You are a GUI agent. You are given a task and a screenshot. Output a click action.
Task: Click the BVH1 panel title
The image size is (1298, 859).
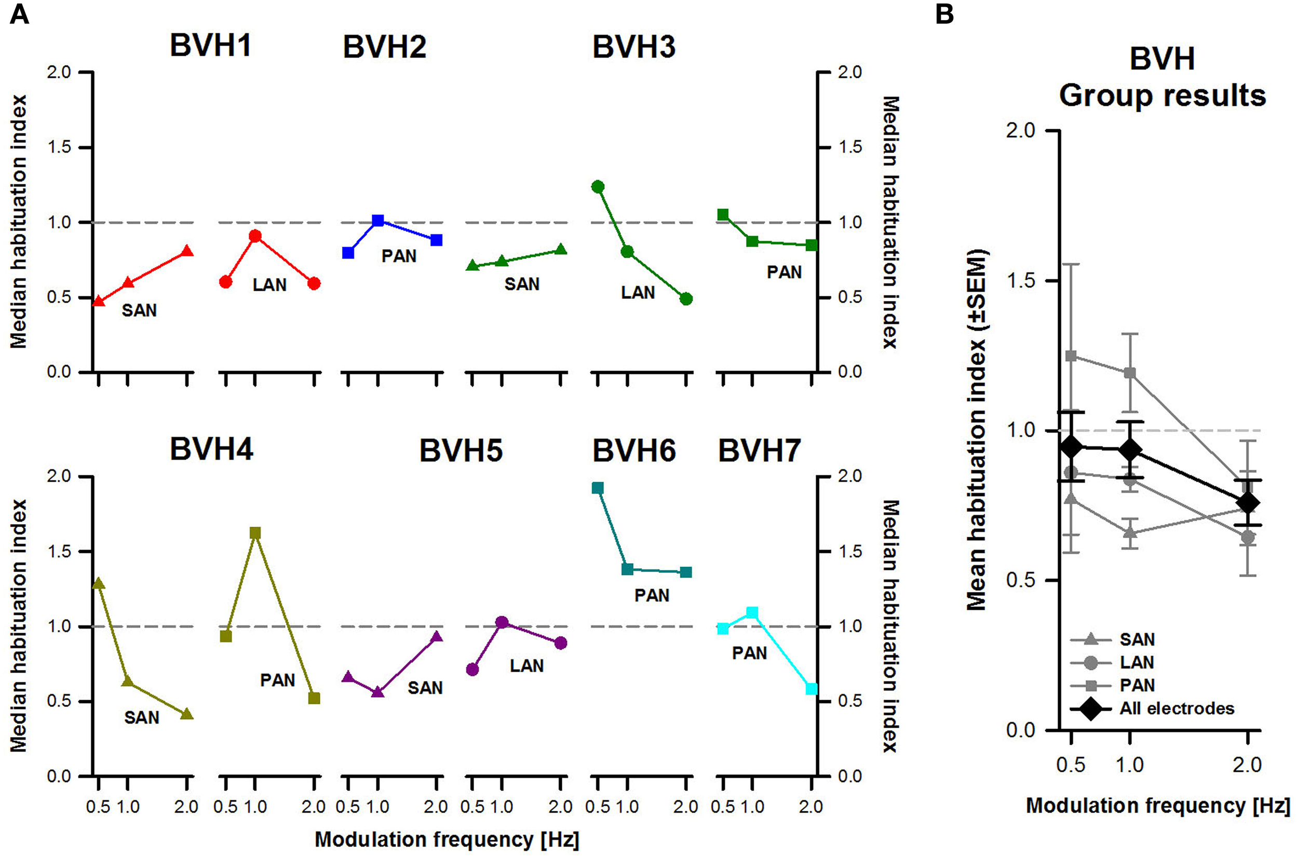(210, 46)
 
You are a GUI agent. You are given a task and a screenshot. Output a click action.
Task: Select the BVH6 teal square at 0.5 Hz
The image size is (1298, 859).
(598, 487)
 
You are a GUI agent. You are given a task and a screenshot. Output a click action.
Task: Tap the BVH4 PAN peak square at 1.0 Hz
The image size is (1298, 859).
(255, 533)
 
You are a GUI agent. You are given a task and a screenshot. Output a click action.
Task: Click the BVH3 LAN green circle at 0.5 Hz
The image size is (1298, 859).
(598, 187)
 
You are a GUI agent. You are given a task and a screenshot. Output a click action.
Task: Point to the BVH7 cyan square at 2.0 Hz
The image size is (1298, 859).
(812, 689)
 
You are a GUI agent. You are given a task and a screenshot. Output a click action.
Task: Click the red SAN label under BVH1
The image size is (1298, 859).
(139, 310)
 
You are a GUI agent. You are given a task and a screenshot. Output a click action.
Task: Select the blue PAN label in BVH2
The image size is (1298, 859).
(399, 256)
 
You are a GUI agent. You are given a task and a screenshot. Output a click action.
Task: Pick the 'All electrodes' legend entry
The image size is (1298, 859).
(1177, 708)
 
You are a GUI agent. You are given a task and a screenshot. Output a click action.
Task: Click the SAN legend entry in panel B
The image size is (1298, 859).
(1138, 639)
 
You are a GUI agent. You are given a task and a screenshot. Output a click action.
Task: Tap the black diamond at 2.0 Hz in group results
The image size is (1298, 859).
(1248, 502)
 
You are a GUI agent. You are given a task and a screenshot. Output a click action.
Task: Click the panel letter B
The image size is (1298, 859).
(944, 14)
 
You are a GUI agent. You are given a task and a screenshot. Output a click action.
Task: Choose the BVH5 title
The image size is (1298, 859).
(461, 451)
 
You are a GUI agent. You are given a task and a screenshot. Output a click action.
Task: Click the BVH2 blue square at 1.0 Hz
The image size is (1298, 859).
(377, 220)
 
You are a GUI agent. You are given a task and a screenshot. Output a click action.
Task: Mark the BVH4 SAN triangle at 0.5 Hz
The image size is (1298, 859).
(98, 583)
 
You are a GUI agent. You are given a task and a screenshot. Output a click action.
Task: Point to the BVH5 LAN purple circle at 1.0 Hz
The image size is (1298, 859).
(502, 622)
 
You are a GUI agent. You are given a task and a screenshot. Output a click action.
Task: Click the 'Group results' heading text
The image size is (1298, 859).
(1162, 96)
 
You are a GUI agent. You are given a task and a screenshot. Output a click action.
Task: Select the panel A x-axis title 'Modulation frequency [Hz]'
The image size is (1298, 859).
(447, 839)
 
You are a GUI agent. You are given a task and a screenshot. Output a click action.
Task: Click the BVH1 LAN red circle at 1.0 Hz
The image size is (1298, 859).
(255, 236)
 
